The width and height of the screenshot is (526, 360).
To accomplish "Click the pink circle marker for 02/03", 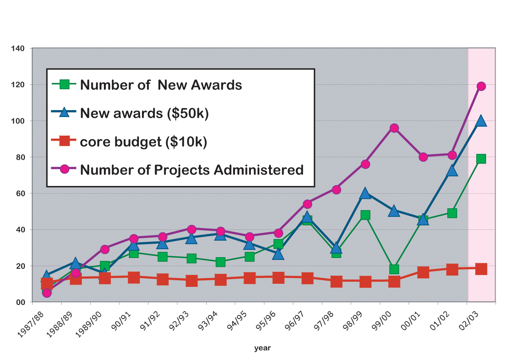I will coord(481,86).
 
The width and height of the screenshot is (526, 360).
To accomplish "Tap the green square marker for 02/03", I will coord(481,159).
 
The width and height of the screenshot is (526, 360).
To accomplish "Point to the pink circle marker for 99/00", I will coord(394,128).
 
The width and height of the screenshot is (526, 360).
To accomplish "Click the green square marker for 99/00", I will coord(394,269).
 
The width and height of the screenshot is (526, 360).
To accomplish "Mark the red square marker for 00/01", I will coord(423,272).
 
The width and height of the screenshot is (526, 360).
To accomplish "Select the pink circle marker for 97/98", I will coord(336,190).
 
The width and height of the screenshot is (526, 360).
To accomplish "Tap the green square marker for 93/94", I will coord(220,262).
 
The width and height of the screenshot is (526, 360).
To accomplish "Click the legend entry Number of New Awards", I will coord(161,85).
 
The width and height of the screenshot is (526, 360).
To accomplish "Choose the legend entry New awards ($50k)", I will coord(144,114).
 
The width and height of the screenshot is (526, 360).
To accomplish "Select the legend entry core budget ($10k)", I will coord(143,142).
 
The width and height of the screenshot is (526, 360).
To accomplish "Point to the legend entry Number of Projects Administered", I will coord(192,170).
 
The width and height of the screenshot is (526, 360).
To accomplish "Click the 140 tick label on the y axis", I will coord(18,49).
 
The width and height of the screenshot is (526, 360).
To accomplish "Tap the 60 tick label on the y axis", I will coord(20,194).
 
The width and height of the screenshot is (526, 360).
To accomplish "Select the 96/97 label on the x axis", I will coord(295,321).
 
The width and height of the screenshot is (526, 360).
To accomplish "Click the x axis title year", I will coord(262,348).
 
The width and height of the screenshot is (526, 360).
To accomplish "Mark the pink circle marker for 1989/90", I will coord(105,249).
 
